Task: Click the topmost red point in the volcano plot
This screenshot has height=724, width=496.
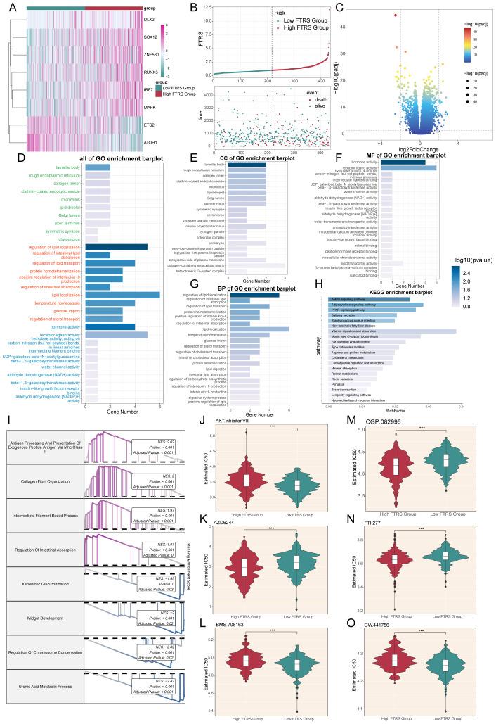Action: [396, 15]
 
